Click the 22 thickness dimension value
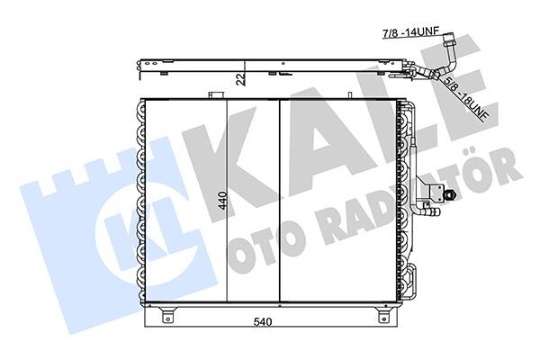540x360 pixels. point(240,78)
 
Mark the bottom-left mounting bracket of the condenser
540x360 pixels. point(166,314)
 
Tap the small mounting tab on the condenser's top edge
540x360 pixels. point(215,94)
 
